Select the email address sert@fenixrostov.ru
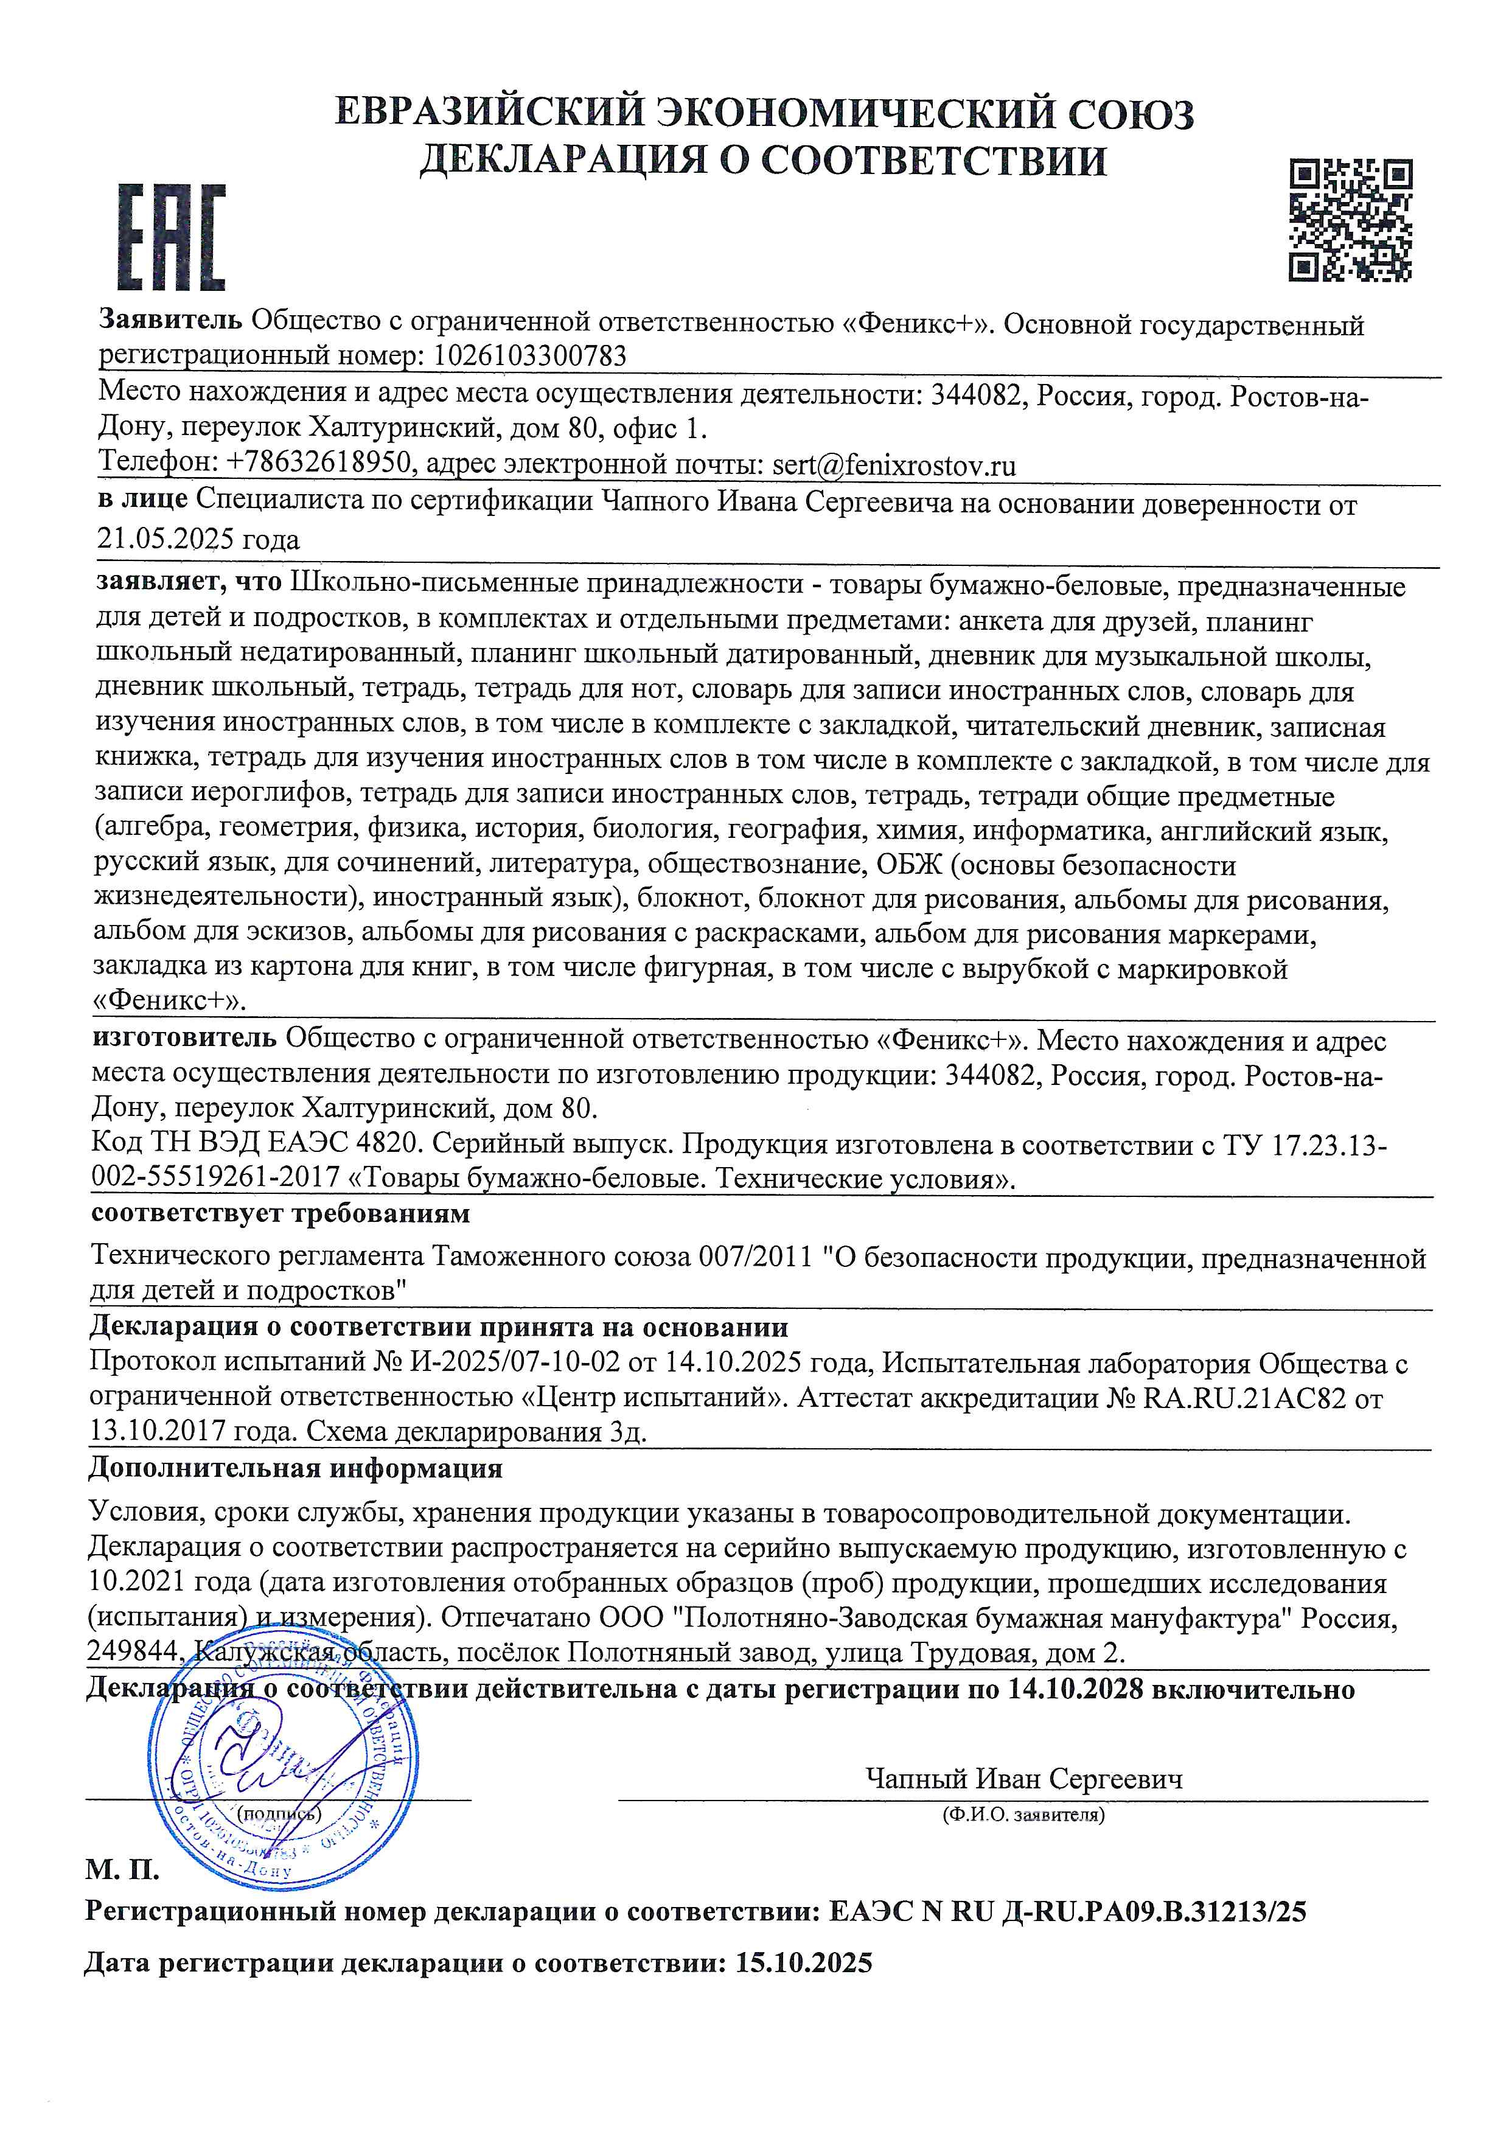pos(894,465)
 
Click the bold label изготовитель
pos(184,1038)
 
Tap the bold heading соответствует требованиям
pos(281,1213)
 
